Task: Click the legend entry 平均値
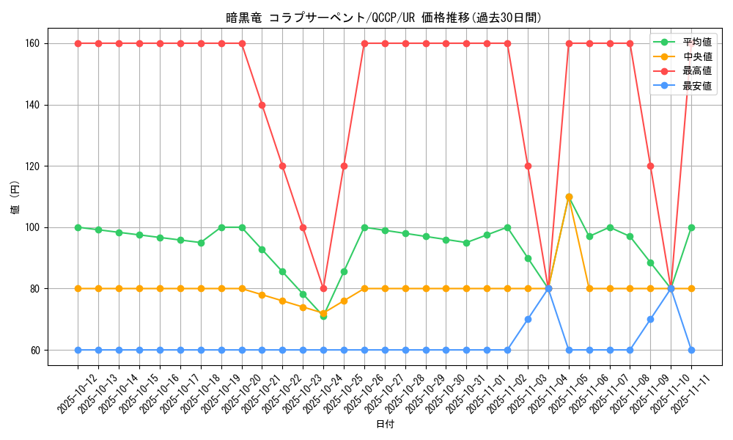pos(696,42)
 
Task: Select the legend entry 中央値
pos(696,56)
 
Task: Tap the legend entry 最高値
pos(696,71)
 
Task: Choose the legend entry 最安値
pos(696,86)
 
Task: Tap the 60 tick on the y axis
pos(35,350)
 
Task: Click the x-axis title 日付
pos(384,425)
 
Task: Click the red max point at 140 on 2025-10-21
pos(262,105)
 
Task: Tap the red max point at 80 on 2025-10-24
pos(323,288)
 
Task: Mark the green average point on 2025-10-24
pos(323,316)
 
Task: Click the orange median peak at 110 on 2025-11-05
pos(569,197)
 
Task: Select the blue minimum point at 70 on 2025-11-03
pos(528,319)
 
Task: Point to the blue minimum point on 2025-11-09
pos(650,319)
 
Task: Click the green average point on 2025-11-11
pos(691,227)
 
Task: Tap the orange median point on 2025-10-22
pos(282,301)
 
